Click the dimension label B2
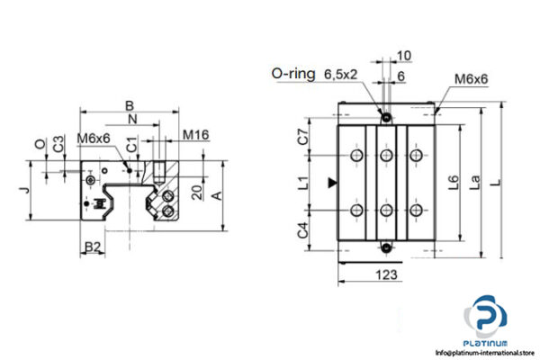tap(92, 246)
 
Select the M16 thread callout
tap(195, 136)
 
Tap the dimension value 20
tap(195, 192)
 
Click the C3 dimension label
tap(58, 143)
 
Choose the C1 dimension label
tap(131, 144)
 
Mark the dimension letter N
tap(132, 119)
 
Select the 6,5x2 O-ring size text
tap(341, 74)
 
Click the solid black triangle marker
tap(334, 183)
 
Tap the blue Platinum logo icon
tap(487, 319)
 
